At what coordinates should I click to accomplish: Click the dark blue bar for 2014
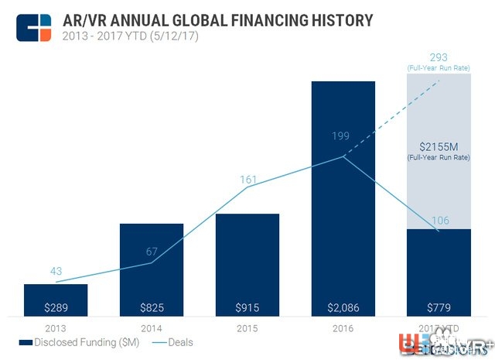tap(152, 263)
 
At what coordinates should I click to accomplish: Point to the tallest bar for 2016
tap(343, 194)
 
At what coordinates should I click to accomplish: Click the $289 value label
tap(56, 307)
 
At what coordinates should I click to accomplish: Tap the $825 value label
tap(152, 307)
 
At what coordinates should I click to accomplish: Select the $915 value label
tap(247, 307)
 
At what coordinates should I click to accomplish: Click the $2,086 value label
tap(343, 307)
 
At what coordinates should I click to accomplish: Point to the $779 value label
tap(439, 307)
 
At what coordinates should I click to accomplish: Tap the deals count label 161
tap(247, 179)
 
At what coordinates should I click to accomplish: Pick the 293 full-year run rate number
tap(439, 57)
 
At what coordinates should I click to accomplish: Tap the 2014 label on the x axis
tap(152, 328)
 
